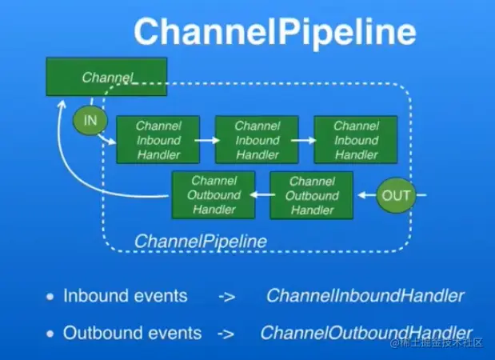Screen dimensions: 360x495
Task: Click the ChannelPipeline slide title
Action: [x=274, y=33]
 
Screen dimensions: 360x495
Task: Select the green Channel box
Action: [x=106, y=78]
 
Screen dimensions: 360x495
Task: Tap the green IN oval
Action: [x=90, y=120]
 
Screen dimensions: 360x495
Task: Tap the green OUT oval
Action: [x=396, y=195]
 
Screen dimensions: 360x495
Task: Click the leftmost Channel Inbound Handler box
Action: [x=158, y=140]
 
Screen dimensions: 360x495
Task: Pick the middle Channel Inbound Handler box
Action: [x=257, y=140]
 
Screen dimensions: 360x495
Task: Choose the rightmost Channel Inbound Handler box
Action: [x=356, y=140]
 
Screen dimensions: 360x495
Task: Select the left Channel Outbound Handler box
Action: [x=214, y=195]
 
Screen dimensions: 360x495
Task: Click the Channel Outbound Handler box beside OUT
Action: [x=311, y=195]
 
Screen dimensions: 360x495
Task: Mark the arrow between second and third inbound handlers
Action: [x=305, y=140]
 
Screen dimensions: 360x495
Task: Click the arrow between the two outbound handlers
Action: [x=262, y=195]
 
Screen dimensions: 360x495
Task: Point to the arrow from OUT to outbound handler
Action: [x=365, y=195]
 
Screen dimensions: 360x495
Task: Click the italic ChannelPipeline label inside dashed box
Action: [x=200, y=241]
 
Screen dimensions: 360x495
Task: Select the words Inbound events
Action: [x=125, y=296]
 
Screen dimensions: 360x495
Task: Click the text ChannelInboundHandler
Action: [x=365, y=296]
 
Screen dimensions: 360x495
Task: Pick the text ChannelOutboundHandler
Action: [x=366, y=332]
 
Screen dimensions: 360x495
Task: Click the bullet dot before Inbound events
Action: [x=50, y=297]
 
